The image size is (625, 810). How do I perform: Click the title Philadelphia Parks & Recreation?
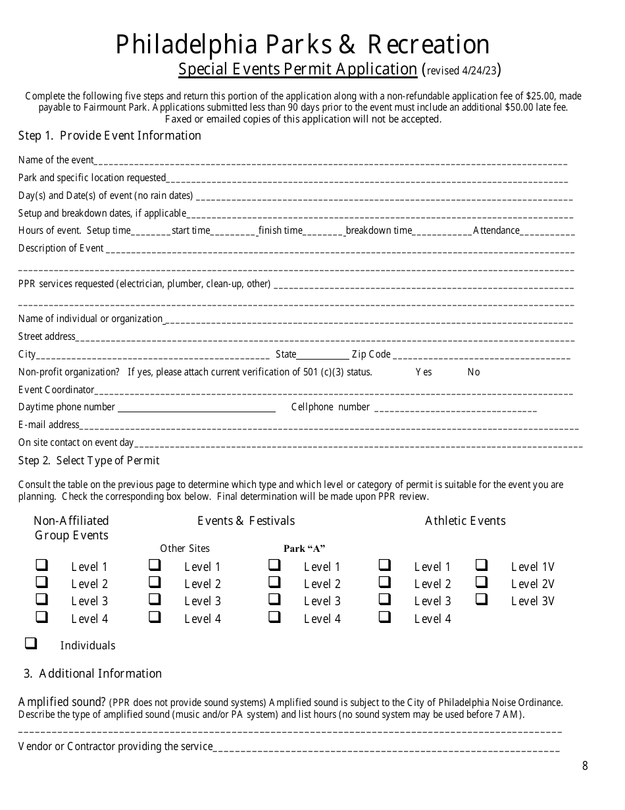(x=303, y=45)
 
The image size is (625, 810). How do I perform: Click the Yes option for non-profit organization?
(x=424, y=372)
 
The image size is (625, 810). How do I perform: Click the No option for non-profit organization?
(x=474, y=372)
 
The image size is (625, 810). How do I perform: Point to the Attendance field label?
(x=496, y=230)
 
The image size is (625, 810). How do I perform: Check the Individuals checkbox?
(x=30, y=643)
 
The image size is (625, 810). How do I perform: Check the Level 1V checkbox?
(x=482, y=565)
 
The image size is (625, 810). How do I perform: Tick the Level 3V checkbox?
(x=482, y=599)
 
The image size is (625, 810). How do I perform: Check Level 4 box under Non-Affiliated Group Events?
(x=41, y=617)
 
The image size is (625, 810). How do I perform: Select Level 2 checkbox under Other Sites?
(x=155, y=582)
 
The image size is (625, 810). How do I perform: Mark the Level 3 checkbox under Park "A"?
(x=274, y=599)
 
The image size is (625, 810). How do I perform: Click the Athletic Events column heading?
(x=465, y=521)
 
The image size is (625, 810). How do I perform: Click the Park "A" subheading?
(x=305, y=549)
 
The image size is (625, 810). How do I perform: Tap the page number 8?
(x=585, y=765)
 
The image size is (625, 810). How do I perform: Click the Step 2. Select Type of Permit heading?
(x=89, y=460)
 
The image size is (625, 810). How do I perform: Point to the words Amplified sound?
(x=63, y=702)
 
